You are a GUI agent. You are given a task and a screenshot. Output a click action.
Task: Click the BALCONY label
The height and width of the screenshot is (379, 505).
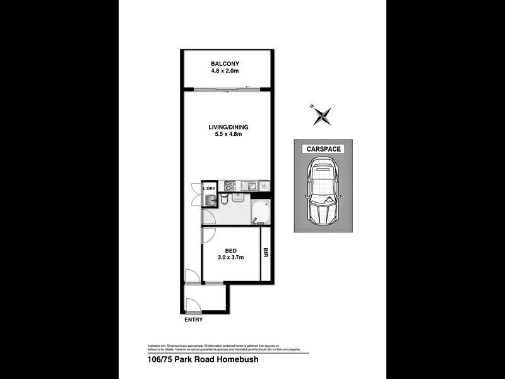click(x=226, y=64)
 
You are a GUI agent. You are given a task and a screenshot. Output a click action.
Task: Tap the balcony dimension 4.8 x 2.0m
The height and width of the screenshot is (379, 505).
click(x=226, y=71)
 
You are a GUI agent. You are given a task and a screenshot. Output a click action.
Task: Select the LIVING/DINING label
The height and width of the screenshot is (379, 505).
click(x=226, y=128)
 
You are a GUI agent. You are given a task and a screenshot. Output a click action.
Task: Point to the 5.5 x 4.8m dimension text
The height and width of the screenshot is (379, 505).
click(x=226, y=135)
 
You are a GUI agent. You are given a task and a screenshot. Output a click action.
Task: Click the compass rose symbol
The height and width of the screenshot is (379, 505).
click(x=323, y=115)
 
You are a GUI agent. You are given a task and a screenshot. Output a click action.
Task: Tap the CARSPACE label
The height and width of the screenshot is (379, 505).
click(x=323, y=149)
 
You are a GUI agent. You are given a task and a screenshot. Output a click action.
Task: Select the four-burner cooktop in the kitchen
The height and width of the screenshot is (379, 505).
click(x=230, y=186)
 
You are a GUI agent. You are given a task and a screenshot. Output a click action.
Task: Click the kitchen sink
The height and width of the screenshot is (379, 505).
click(x=250, y=186)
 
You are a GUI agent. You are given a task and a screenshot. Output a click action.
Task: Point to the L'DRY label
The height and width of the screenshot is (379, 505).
click(x=209, y=188)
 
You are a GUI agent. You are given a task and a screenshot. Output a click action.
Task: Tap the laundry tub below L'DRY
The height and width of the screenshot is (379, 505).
click(x=209, y=200)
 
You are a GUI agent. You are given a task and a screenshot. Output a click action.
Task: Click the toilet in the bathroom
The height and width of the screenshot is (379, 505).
click(x=223, y=200)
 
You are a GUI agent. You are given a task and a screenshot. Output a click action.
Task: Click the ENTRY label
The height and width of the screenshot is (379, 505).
click(x=194, y=320)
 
